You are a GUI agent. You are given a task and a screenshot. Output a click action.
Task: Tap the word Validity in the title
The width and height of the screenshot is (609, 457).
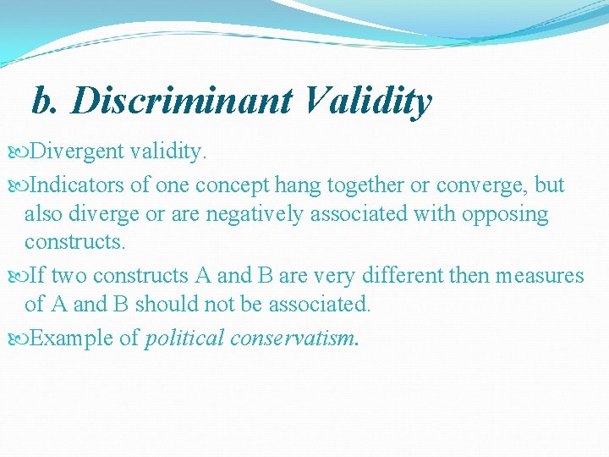pyautogui.click(x=365, y=102)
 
